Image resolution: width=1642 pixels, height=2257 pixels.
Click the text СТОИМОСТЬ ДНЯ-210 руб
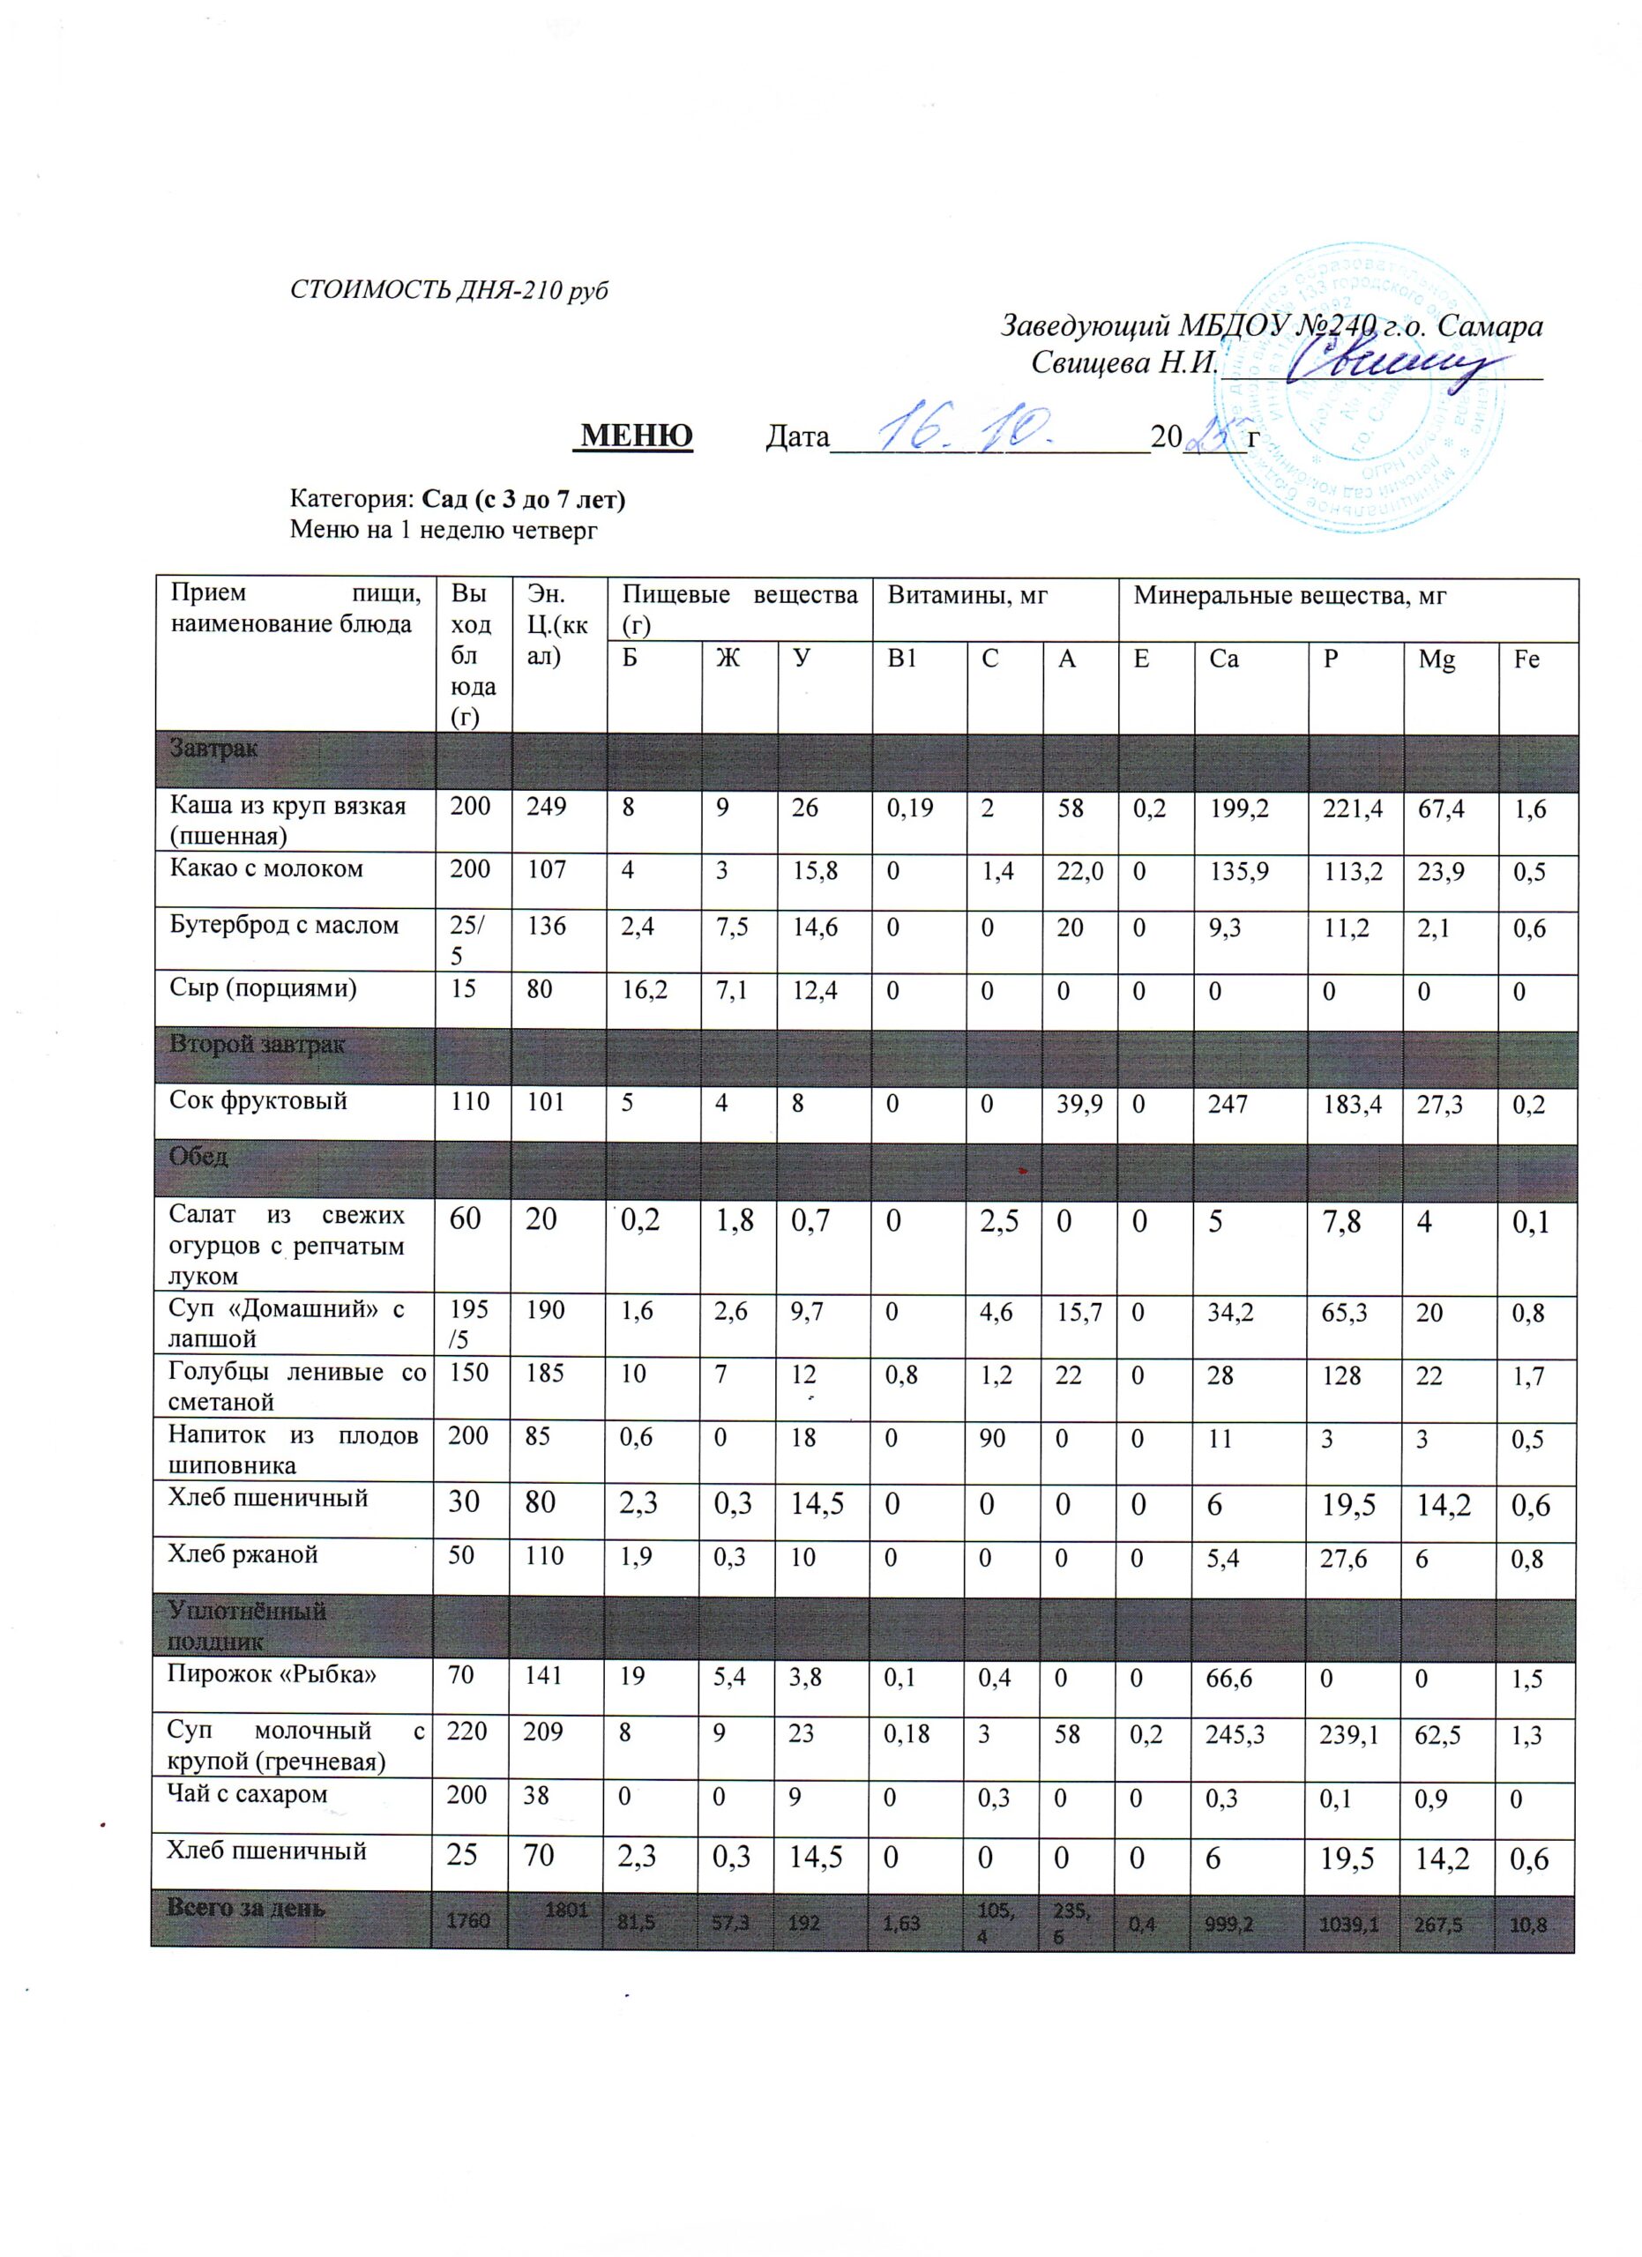point(448,291)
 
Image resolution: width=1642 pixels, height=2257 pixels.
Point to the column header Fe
point(1526,659)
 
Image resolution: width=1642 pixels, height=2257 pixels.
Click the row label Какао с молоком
point(266,868)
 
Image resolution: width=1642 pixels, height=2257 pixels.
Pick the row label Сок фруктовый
point(258,1100)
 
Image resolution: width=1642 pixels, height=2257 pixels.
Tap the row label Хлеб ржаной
point(243,1554)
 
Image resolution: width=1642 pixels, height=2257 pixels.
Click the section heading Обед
point(199,1157)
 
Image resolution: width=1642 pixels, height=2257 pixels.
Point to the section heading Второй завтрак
point(257,1045)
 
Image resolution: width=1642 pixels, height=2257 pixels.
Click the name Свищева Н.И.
point(1124,363)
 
